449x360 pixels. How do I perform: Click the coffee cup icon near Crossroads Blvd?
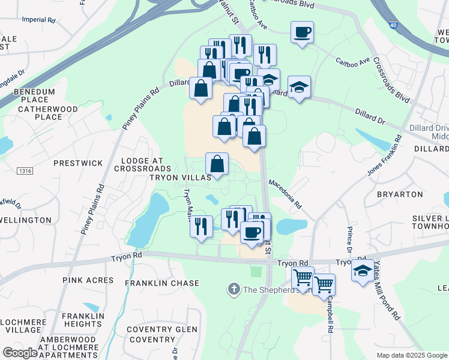(302, 32)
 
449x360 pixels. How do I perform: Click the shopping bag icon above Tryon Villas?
(217, 163)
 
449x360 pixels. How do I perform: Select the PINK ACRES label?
(88, 280)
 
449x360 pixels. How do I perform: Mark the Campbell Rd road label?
(330, 316)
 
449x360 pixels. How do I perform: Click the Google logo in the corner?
(20, 353)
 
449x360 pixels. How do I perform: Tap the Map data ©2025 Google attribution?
(411, 355)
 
